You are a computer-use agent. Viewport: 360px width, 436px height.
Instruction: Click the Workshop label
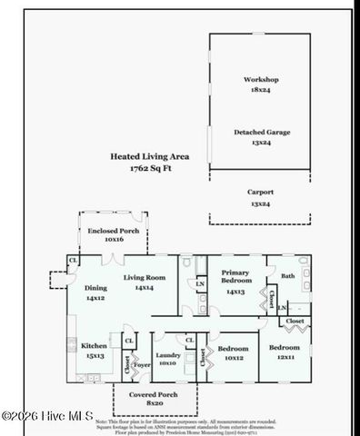tap(261, 80)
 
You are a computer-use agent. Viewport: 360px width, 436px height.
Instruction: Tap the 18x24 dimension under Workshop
tap(261, 91)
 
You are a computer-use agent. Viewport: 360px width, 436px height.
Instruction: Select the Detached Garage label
tap(262, 133)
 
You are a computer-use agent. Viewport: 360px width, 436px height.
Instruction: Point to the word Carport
tap(261, 193)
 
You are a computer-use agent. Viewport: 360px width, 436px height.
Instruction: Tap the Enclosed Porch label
tap(114, 231)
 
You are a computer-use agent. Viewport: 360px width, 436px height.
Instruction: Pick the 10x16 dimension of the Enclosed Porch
tap(114, 241)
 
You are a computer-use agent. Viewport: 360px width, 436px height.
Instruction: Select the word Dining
tap(96, 288)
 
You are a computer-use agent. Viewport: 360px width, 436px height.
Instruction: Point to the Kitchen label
tap(95, 346)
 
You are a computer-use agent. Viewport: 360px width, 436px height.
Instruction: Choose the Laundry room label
tap(167, 354)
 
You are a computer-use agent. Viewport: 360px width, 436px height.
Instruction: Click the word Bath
tap(287, 275)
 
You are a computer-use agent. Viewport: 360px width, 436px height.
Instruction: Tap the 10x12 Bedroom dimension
tap(234, 357)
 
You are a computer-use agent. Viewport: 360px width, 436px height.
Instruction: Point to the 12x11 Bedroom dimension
tap(285, 357)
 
